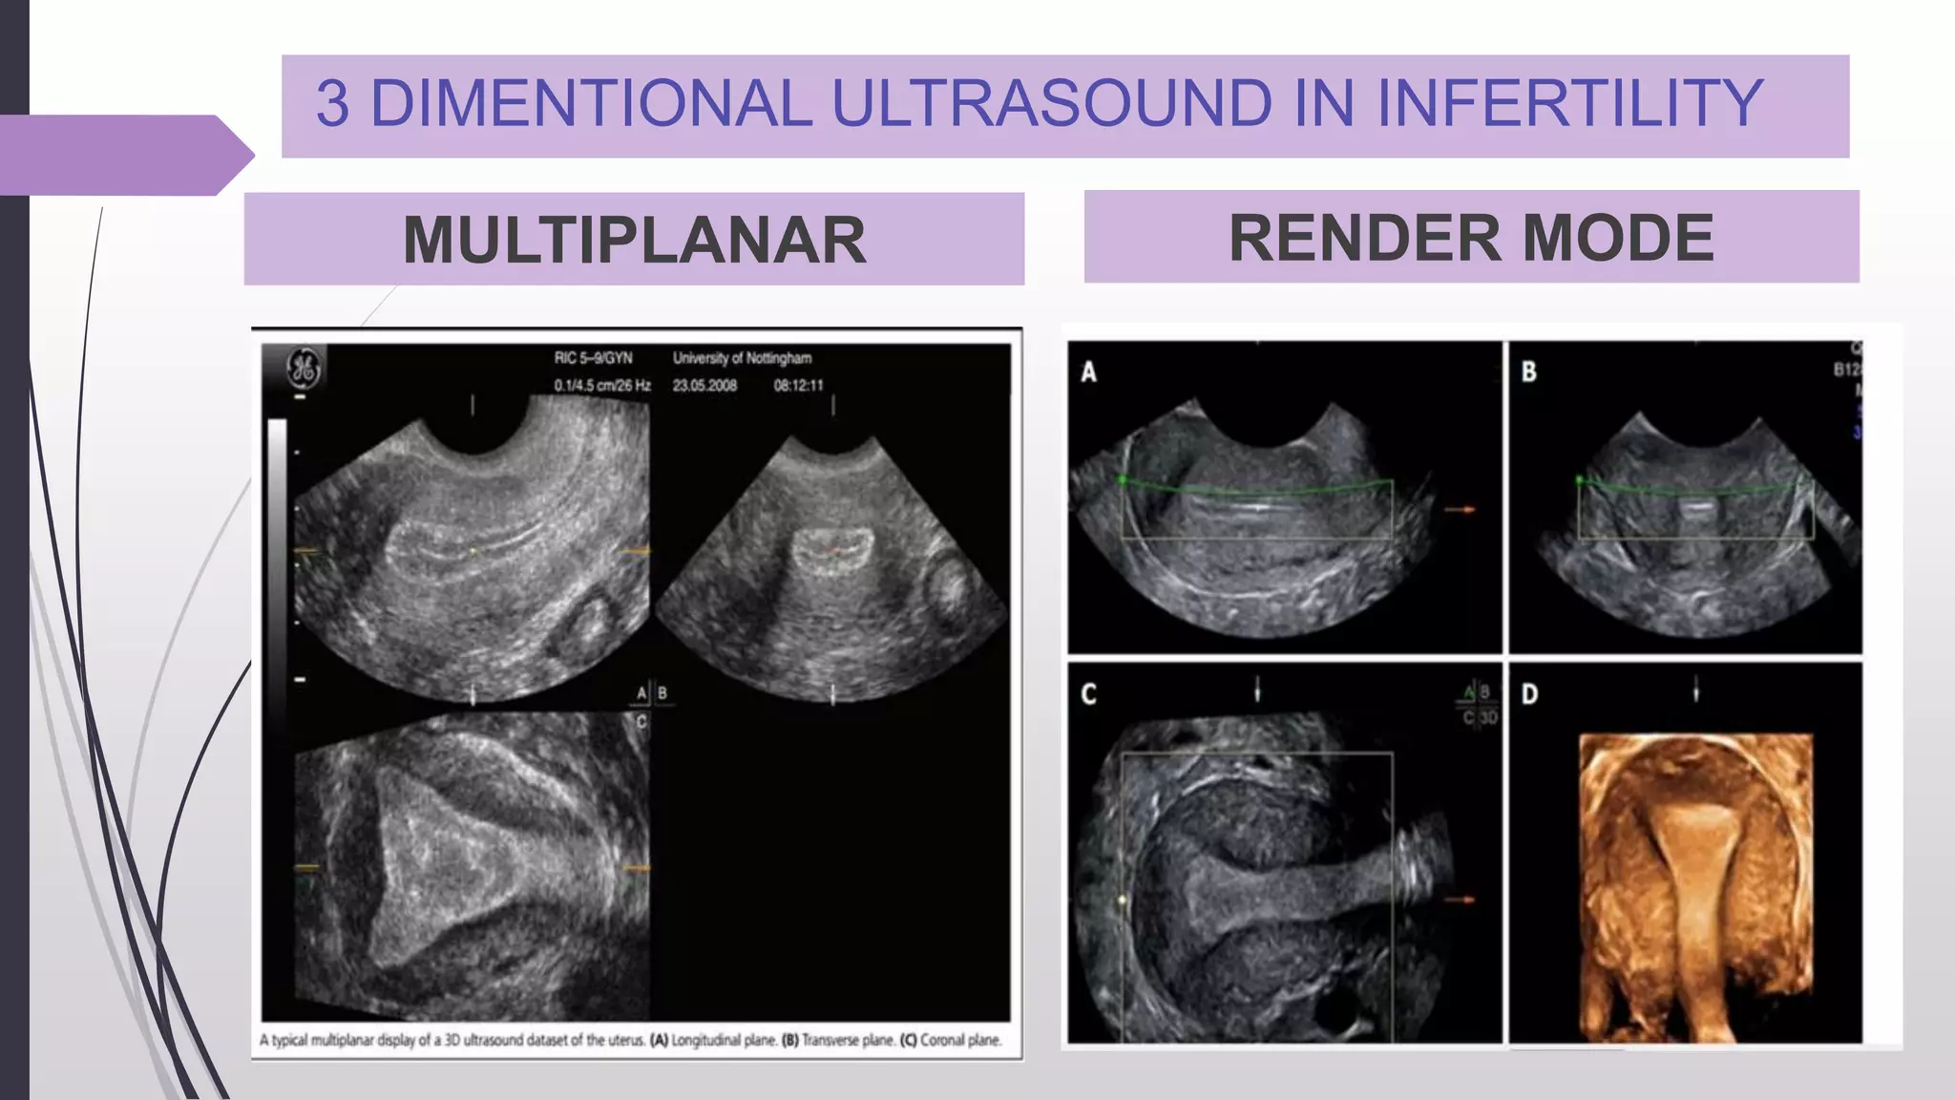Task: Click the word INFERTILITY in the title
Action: pyautogui.click(x=1569, y=103)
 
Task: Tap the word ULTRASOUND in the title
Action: pyautogui.click(x=1051, y=103)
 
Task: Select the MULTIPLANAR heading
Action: pyautogui.click(x=634, y=240)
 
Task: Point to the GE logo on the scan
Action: pyautogui.click(x=304, y=368)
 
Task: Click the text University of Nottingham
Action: pyautogui.click(x=742, y=358)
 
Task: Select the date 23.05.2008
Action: pyautogui.click(x=704, y=386)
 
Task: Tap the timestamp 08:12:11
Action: pyautogui.click(x=798, y=386)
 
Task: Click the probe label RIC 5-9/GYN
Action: pyautogui.click(x=593, y=358)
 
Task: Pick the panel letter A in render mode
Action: pyautogui.click(x=1088, y=372)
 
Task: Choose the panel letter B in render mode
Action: pyautogui.click(x=1528, y=371)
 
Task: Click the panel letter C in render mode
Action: pyautogui.click(x=1088, y=694)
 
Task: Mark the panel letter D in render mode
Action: pyautogui.click(x=1529, y=694)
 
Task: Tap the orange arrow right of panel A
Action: pyautogui.click(x=1460, y=510)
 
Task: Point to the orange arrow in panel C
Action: pyautogui.click(x=1460, y=899)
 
